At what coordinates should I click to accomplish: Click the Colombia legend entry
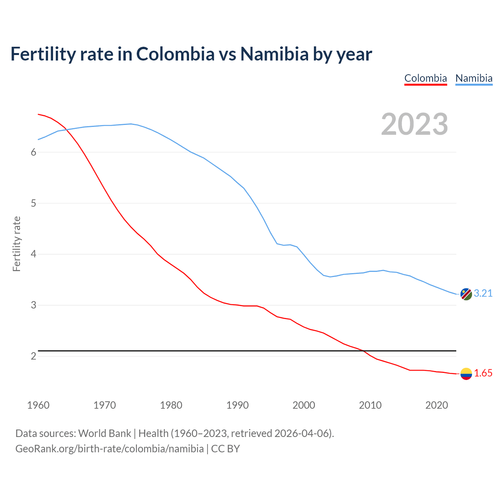click(x=426, y=78)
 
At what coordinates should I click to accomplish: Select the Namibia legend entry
click(x=474, y=78)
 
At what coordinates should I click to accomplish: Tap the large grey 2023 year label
click(x=415, y=124)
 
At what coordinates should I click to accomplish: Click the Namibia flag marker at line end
click(x=466, y=294)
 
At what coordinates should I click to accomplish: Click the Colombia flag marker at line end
click(x=466, y=374)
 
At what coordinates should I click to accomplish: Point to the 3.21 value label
click(x=483, y=294)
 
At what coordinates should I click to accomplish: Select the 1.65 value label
click(x=483, y=373)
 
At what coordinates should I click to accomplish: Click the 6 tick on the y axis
click(x=33, y=152)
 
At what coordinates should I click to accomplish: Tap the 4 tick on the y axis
click(x=33, y=254)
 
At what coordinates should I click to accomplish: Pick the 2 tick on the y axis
click(x=33, y=356)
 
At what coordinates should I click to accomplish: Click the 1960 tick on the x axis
click(x=38, y=405)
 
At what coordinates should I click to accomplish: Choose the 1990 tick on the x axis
click(x=237, y=405)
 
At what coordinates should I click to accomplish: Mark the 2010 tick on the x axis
click(x=370, y=405)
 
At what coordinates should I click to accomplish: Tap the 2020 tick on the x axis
click(x=437, y=405)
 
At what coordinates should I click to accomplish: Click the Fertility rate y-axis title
click(x=17, y=244)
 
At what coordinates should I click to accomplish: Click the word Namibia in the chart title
click(x=274, y=54)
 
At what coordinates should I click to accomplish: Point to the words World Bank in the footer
click(x=105, y=433)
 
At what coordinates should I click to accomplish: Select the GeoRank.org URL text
click(x=109, y=449)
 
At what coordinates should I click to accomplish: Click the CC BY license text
click(x=226, y=449)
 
